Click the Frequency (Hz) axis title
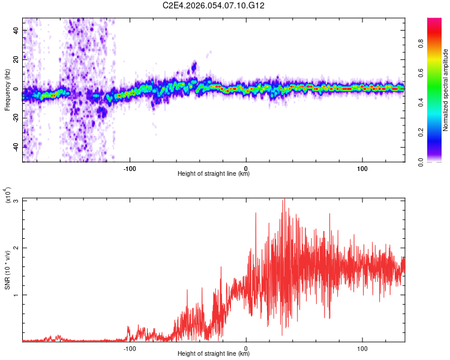[x=7, y=90]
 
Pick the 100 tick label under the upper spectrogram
[x=362, y=168]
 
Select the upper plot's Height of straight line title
[x=214, y=175]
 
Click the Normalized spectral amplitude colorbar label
[x=446, y=90]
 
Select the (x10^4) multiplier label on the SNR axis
[x=7, y=196]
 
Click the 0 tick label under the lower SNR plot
[x=246, y=348]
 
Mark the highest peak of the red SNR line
[x=284, y=199]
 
